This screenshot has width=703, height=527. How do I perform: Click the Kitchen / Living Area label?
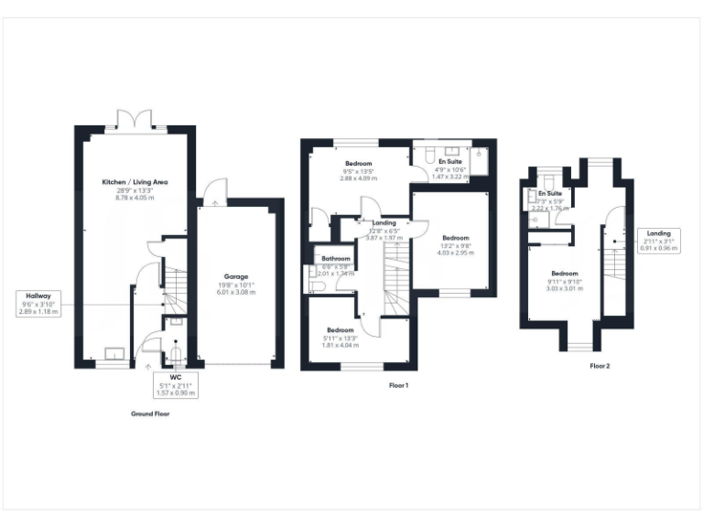[135, 182]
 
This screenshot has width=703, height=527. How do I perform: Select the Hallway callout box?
[38, 304]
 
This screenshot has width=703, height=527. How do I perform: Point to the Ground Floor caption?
[150, 414]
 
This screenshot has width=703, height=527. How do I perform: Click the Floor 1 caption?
[398, 385]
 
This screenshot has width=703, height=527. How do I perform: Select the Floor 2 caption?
[601, 366]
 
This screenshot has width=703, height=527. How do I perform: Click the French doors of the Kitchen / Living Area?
[135, 120]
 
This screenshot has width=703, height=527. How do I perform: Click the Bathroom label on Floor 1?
[335, 259]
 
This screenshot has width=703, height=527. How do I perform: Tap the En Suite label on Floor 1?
[449, 162]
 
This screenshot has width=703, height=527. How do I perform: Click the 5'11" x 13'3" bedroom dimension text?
[340, 337]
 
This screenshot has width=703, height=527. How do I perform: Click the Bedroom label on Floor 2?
[564, 274]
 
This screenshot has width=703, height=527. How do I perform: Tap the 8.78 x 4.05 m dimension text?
[135, 197]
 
